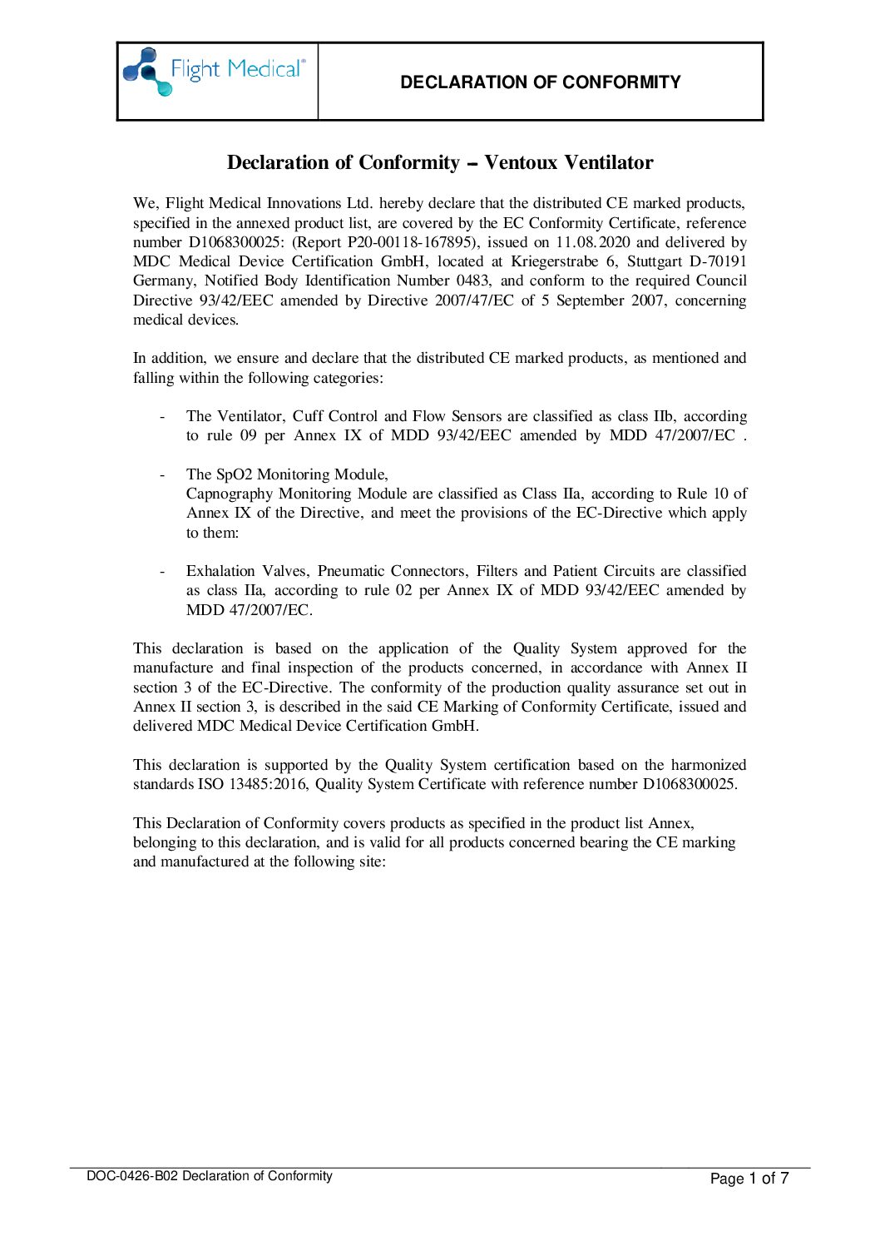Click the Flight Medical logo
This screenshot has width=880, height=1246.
pos(215,72)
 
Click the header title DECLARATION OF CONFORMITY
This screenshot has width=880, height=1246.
pos(540,82)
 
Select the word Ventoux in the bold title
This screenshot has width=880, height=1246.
pos(522,162)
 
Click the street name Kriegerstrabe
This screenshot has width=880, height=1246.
pos(555,261)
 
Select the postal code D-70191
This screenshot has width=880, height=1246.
pos(718,261)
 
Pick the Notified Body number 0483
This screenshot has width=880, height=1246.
pos(472,280)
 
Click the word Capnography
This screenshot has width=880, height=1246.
pos(229,494)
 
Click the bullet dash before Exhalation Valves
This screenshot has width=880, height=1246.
pos(162,571)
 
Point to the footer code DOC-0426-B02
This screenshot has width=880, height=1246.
pos(132,1176)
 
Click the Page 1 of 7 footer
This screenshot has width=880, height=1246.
pos(749,1178)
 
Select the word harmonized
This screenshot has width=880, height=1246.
pos(709,765)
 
